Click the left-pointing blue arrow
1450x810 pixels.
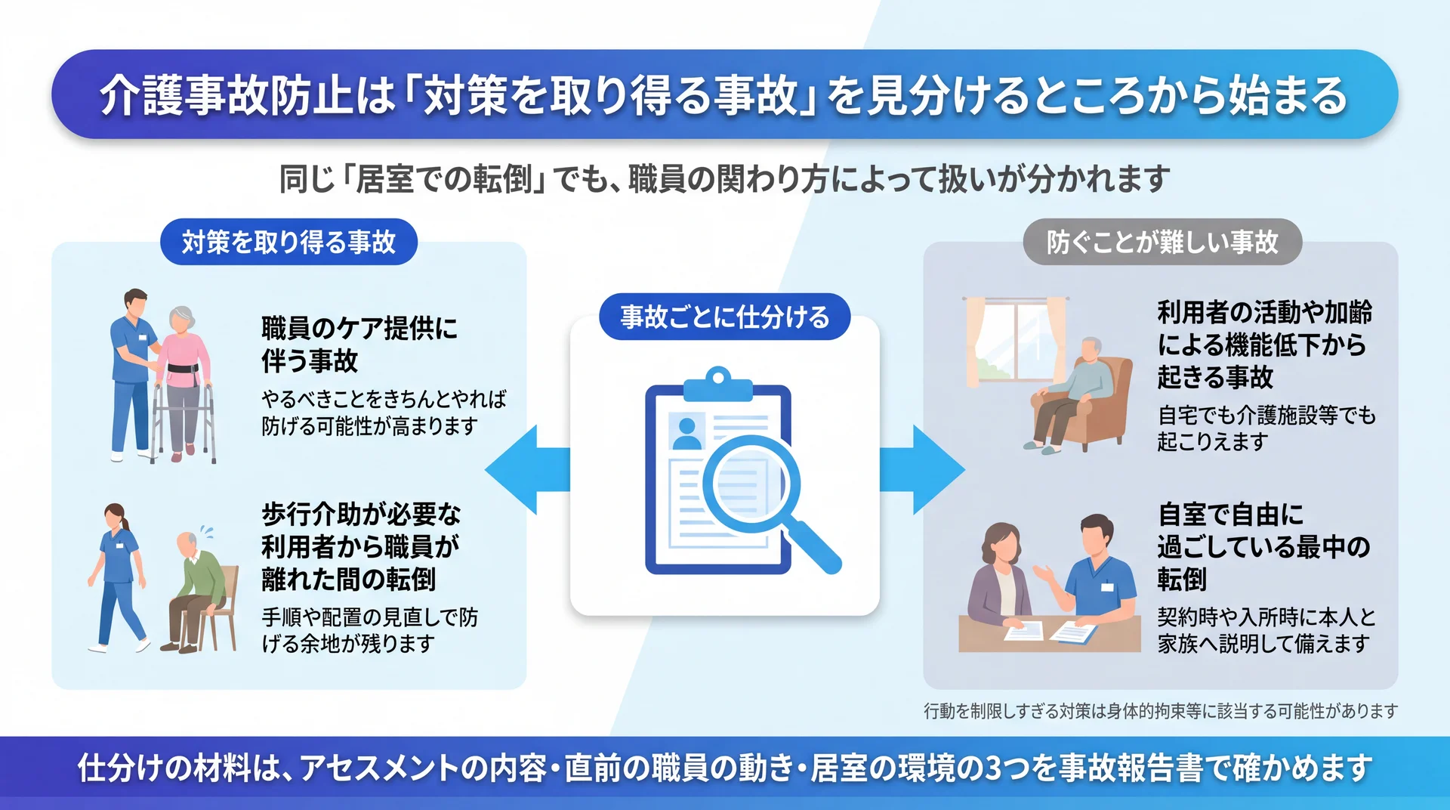526,469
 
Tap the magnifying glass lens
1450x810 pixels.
751,484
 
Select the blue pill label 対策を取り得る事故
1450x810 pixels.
288,242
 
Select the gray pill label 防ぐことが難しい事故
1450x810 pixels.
1162,242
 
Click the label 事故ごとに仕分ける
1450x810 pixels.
725,317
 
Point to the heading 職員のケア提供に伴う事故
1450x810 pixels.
359,345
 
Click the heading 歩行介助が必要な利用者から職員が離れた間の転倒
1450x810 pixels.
361,547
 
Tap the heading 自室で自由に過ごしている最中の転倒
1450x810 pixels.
1263,547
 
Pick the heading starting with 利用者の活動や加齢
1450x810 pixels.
1264,345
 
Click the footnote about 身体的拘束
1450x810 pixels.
1161,711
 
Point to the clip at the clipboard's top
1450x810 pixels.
718,384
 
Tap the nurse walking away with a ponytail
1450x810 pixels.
117,578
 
